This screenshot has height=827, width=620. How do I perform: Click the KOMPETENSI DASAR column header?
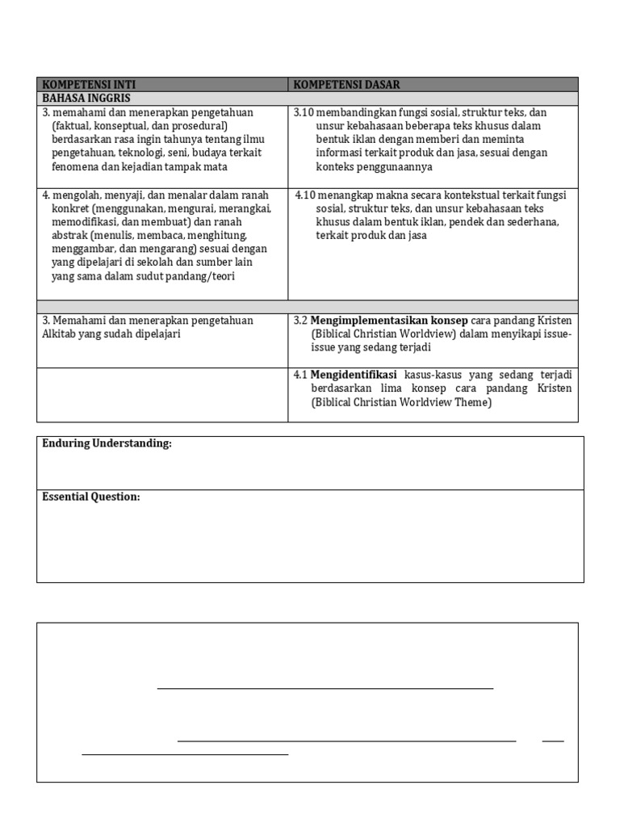tap(346, 85)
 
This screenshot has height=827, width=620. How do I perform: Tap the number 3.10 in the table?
tap(304, 112)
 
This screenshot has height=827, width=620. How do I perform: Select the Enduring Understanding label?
tap(107, 443)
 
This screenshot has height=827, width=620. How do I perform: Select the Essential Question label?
tap(90, 497)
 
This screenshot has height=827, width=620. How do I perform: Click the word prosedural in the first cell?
tap(200, 126)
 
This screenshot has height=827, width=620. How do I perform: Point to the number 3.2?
tap(300, 320)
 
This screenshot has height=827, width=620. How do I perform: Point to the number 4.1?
tap(300, 375)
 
